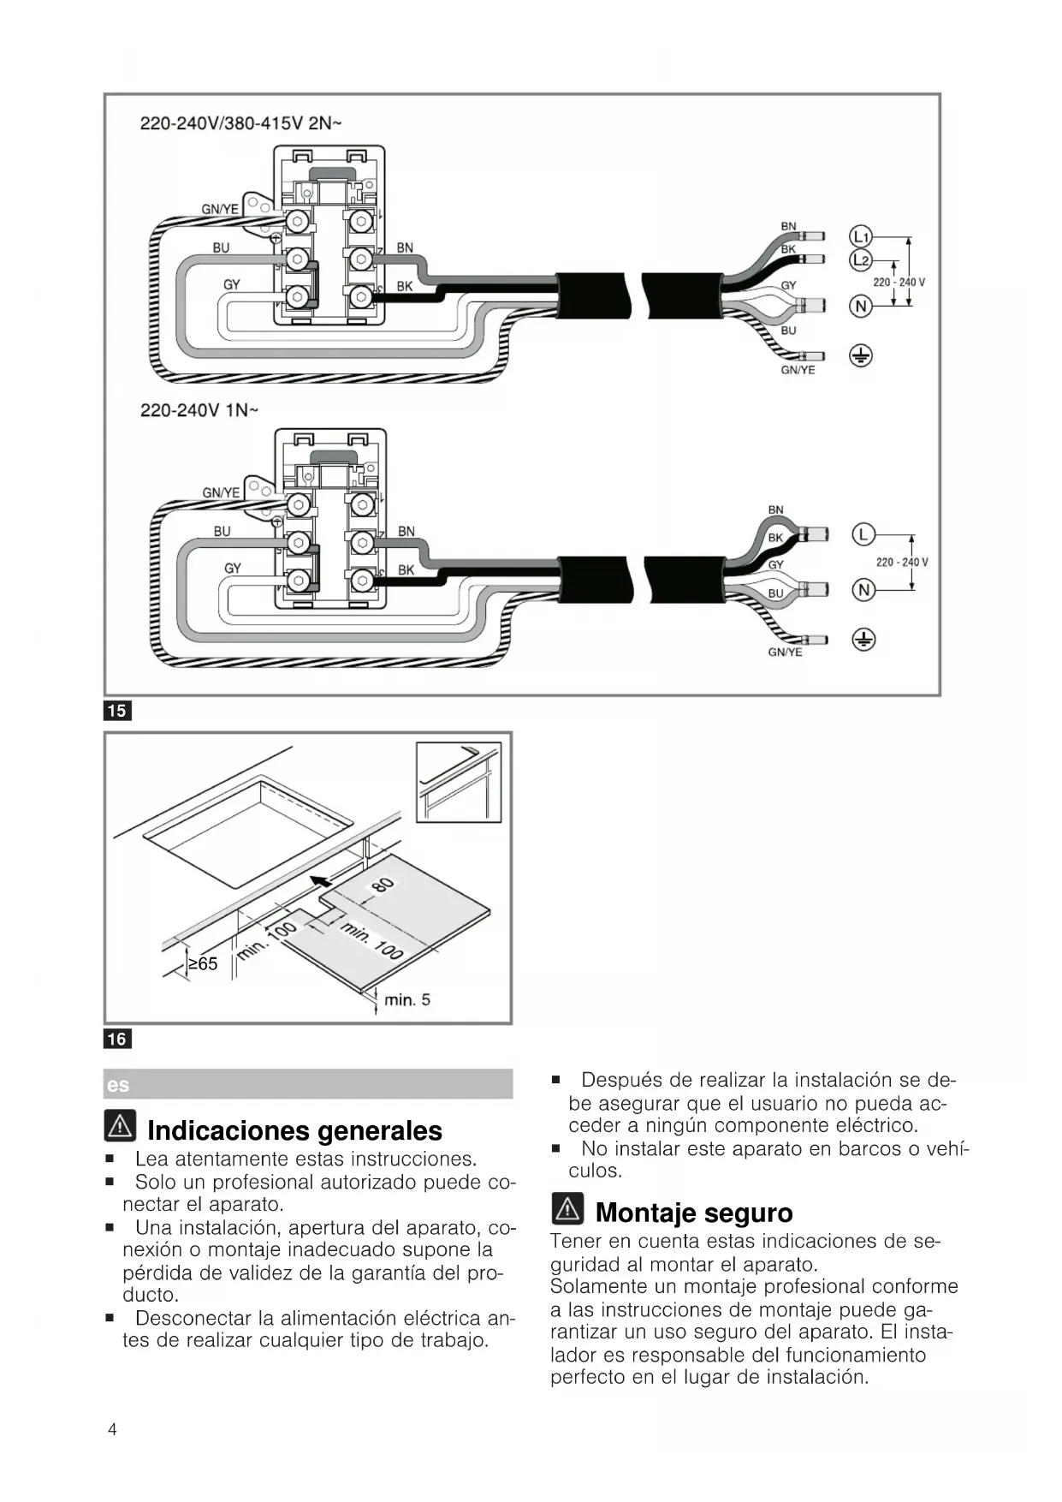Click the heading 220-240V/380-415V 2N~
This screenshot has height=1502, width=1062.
pyautogui.click(x=240, y=123)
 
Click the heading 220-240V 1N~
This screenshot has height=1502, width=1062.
pyautogui.click(x=199, y=410)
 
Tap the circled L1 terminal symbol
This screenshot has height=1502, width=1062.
pyautogui.click(x=860, y=237)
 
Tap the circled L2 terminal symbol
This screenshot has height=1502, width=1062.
pyautogui.click(x=860, y=259)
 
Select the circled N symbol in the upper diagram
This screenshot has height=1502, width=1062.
pyautogui.click(x=860, y=306)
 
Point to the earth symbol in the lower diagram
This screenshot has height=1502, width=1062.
pyautogui.click(x=863, y=639)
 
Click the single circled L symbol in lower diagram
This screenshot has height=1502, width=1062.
pyautogui.click(x=863, y=535)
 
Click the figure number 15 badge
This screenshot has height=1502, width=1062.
pyautogui.click(x=117, y=711)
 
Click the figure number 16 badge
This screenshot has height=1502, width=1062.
pyautogui.click(x=117, y=1039)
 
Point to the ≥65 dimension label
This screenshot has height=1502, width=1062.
pyautogui.click(x=203, y=964)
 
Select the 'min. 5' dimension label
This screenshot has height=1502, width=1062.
pyautogui.click(x=407, y=999)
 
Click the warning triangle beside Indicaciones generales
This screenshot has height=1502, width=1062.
pyautogui.click(x=121, y=1126)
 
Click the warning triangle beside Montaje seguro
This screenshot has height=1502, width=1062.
pyautogui.click(x=568, y=1208)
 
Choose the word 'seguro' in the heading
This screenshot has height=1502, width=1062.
pyautogui.click(x=754, y=1213)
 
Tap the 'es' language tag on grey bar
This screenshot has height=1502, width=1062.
pyautogui.click(x=118, y=1085)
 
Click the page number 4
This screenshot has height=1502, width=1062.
pyautogui.click(x=112, y=1429)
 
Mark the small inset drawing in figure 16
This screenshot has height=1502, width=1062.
pyautogui.click(x=459, y=782)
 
